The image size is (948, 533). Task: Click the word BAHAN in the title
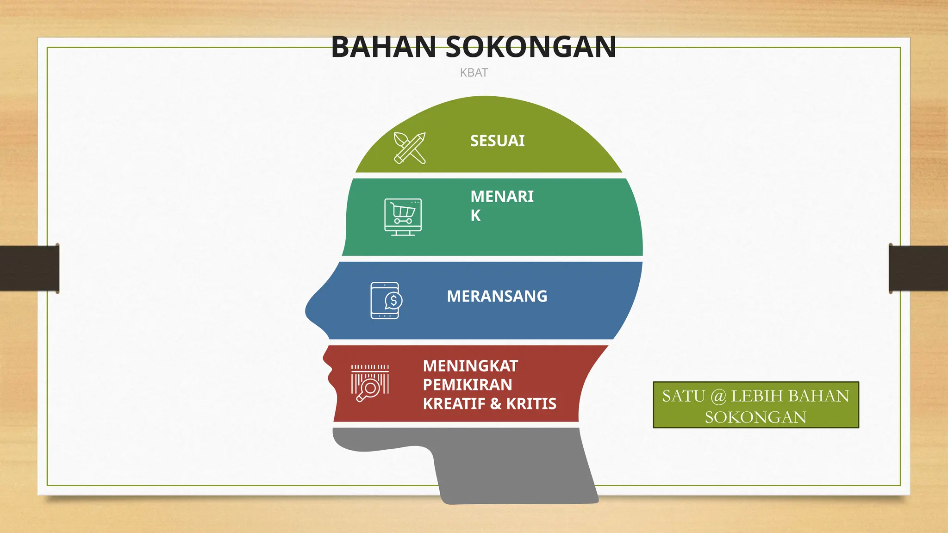pyautogui.click(x=383, y=47)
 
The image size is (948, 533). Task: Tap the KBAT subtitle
pyautogui.click(x=474, y=73)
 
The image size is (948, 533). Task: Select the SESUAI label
pyautogui.click(x=497, y=141)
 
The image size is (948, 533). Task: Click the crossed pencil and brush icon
pyautogui.click(x=410, y=148)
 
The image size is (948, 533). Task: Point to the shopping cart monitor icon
pyautogui.click(x=403, y=217)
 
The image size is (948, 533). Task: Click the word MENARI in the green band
pyautogui.click(x=502, y=197)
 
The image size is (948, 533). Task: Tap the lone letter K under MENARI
pyautogui.click(x=475, y=216)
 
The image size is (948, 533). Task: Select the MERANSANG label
pyautogui.click(x=497, y=296)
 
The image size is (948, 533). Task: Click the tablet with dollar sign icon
pyautogui.click(x=386, y=300)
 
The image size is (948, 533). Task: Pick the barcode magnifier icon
pyautogui.click(x=370, y=383)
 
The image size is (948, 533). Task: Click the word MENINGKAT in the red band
pyautogui.click(x=470, y=366)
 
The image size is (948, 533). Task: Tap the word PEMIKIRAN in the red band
pyautogui.click(x=467, y=385)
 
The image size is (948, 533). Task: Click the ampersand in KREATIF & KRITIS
pyautogui.click(x=496, y=404)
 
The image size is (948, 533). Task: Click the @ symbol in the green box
pyautogui.click(x=718, y=396)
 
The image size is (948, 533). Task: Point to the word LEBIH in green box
pyautogui.click(x=757, y=396)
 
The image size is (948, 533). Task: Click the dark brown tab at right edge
pyautogui.click(x=918, y=268)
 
